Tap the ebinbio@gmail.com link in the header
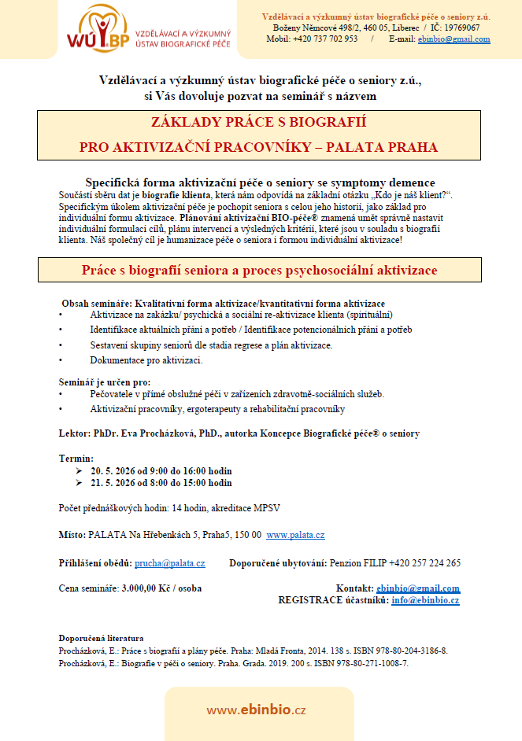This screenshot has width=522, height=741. [x=454, y=39]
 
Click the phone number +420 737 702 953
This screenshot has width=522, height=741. [x=325, y=39]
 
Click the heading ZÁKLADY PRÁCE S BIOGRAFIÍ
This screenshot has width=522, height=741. [x=259, y=123]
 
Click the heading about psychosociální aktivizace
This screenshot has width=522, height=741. [x=260, y=270]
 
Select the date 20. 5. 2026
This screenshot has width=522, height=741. [x=116, y=470]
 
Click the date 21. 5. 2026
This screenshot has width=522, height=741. [x=116, y=483]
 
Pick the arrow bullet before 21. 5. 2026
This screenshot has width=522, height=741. [x=79, y=483]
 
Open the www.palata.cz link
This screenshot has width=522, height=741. [x=295, y=535]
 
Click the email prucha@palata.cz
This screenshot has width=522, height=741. [x=170, y=563]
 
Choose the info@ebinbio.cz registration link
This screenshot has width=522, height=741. [x=425, y=600]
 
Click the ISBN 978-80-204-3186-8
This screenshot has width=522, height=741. [x=403, y=651]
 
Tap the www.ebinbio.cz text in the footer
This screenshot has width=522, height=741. [x=256, y=710]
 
